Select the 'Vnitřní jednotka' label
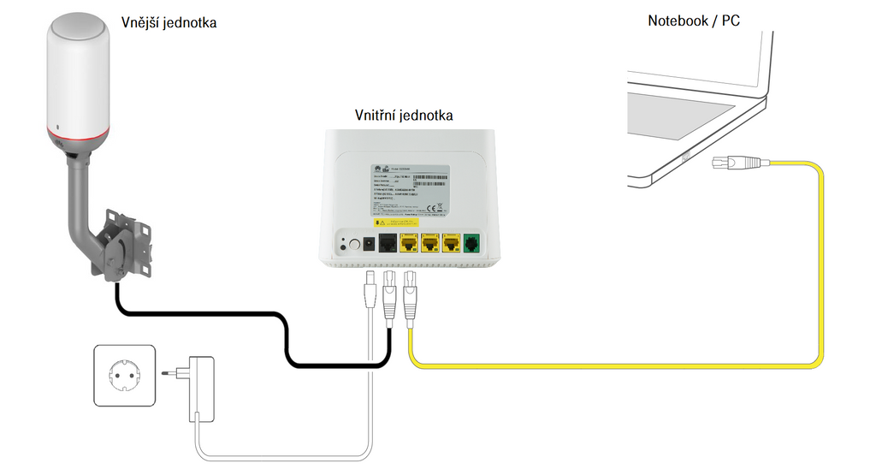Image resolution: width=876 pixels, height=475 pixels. (404, 115)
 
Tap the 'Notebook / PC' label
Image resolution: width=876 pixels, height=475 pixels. (694, 20)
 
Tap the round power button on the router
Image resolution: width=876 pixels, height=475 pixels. (351, 245)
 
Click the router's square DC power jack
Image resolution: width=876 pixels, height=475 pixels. (369, 245)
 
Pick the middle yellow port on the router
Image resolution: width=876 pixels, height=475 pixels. (430, 244)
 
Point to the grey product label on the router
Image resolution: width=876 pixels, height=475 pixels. (402, 189)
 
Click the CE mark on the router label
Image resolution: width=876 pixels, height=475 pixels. (433, 206)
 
